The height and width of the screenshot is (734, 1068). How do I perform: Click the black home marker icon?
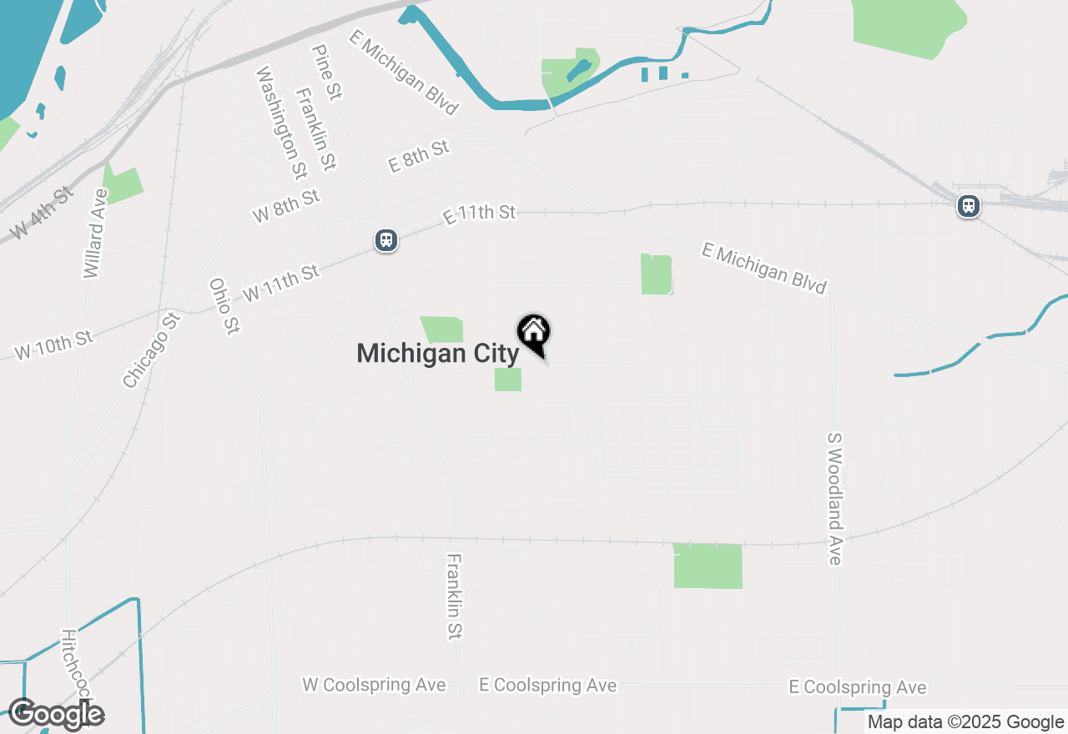(x=534, y=333)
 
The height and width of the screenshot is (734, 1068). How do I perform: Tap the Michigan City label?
(x=437, y=354)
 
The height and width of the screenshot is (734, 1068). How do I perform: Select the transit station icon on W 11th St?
(x=385, y=240)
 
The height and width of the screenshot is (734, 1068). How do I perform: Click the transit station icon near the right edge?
(x=969, y=205)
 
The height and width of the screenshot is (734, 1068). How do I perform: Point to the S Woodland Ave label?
(x=835, y=498)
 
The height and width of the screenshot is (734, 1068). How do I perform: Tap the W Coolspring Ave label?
(x=374, y=685)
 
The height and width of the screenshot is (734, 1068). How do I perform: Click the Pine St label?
(x=326, y=73)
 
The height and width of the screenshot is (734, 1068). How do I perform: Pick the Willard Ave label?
(x=96, y=234)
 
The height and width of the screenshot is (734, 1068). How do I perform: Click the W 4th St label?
(x=41, y=214)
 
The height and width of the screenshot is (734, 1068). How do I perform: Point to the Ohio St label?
(x=223, y=306)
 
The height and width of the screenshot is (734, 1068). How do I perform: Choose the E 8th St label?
(x=419, y=156)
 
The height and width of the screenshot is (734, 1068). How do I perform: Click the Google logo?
(x=56, y=714)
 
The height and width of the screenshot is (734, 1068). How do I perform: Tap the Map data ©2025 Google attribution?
(x=965, y=722)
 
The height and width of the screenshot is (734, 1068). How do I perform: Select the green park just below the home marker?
(x=508, y=380)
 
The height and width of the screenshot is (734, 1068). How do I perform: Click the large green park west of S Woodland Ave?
(x=708, y=566)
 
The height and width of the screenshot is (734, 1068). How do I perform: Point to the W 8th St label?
(x=286, y=206)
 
